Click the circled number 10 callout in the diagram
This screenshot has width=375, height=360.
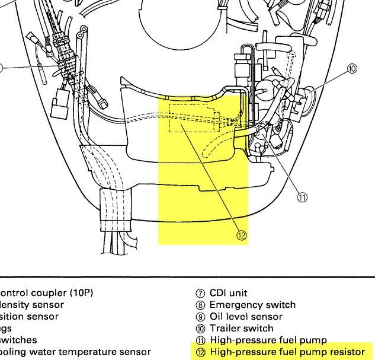pyautogui.click(x=352, y=69)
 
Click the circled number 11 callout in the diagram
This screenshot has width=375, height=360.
pyautogui.click(x=302, y=198)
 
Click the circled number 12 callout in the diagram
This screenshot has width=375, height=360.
pyautogui.click(x=241, y=235)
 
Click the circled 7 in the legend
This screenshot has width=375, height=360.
pyautogui.click(x=200, y=294)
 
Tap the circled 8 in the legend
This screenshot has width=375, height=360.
pyautogui.click(x=200, y=305)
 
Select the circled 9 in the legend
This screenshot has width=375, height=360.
pyautogui.click(x=200, y=317)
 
